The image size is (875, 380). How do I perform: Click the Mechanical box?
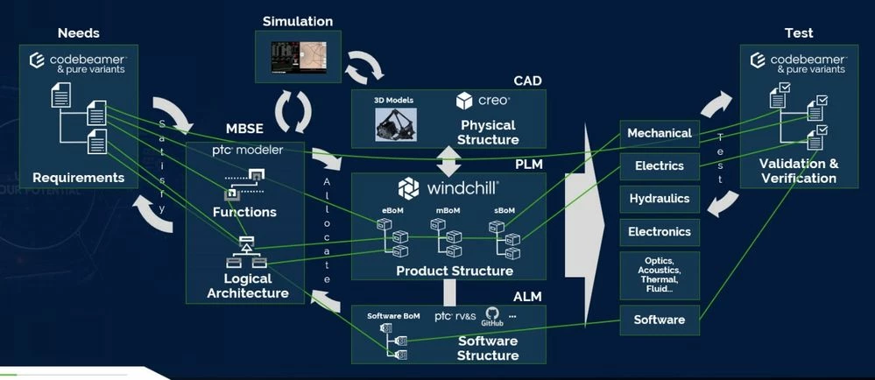click(x=660, y=133)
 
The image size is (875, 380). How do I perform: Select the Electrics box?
click(x=660, y=165)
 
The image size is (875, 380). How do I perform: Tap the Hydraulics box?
click(x=660, y=199)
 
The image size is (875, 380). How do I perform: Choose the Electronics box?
click(x=660, y=232)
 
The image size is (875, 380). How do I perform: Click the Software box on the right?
click(x=660, y=320)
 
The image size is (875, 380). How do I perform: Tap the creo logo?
click(x=476, y=102)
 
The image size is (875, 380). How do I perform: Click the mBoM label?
click(x=447, y=211)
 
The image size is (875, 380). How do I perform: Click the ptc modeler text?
click(x=248, y=150)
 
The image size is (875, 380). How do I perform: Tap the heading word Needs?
click(x=79, y=33)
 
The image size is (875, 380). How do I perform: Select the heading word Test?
click(x=799, y=33)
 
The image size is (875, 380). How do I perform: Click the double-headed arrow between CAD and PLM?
click(x=448, y=160)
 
